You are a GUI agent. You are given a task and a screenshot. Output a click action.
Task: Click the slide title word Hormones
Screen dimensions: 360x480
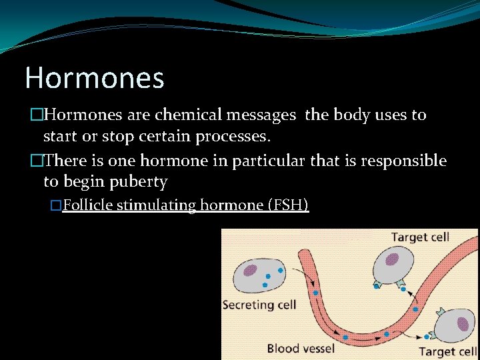(94, 78)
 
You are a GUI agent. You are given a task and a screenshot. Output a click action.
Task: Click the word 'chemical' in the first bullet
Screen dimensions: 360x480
(190, 115)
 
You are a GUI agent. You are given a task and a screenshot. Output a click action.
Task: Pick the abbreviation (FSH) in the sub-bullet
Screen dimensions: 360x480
(287, 205)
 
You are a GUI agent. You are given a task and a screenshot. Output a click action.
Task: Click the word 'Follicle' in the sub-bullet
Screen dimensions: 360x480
(87, 205)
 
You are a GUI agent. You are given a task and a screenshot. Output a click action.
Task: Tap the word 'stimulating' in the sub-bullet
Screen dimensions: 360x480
(154, 205)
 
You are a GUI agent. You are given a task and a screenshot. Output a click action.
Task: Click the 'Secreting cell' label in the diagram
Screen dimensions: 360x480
(259, 305)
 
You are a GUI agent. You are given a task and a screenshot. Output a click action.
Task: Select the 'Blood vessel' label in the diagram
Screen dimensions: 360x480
(301, 347)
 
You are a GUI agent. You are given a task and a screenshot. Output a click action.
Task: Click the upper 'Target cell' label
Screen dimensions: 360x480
(420, 237)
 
